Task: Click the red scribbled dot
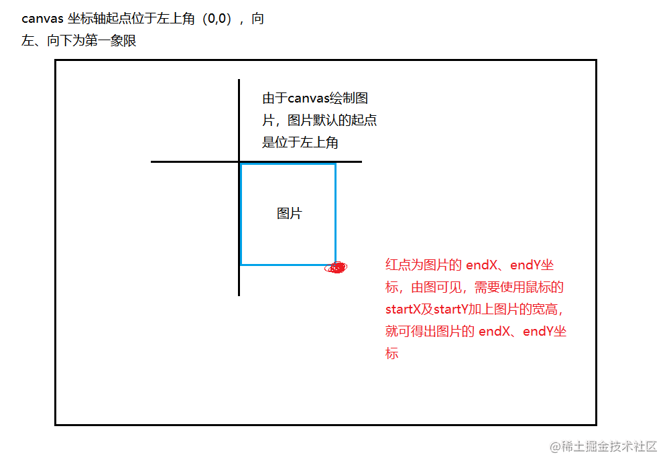(336, 267)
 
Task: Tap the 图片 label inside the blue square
(289, 214)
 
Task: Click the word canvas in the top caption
(43, 19)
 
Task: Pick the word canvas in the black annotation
(309, 99)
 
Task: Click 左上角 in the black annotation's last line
(326, 142)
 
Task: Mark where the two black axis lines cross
(239, 161)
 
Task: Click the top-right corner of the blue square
(335, 164)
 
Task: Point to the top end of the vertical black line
(239, 80)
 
